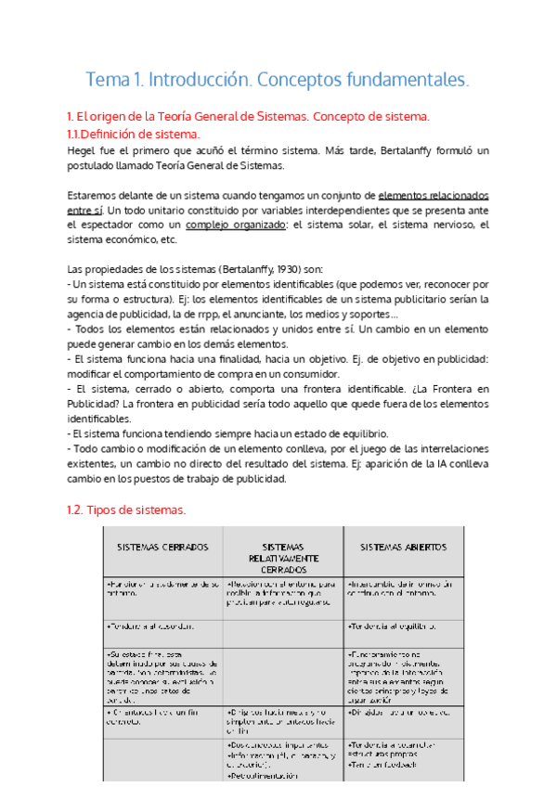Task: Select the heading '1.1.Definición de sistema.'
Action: [x=134, y=134]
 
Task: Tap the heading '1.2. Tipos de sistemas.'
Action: [x=127, y=510]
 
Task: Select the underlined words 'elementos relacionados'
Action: [x=434, y=196]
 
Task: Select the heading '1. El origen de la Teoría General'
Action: [x=249, y=117]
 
